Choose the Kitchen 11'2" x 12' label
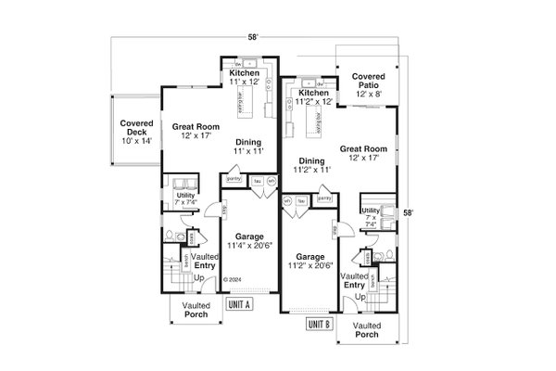[x=314, y=97]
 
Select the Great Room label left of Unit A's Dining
[x=194, y=130]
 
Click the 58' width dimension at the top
[x=253, y=35]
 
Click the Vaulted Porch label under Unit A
[x=196, y=310]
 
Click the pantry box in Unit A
[x=233, y=178]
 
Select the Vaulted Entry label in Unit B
[x=354, y=281]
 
